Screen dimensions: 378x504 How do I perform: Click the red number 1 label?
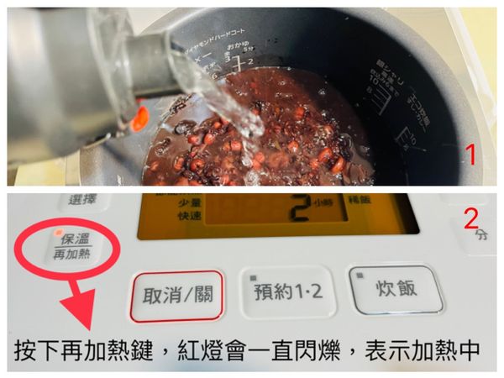pyautogui.click(x=471, y=155)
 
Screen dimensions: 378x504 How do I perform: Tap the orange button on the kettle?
pyautogui.click(x=139, y=118)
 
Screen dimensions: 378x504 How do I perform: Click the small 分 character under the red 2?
pyautogui.click(x=481, y=238)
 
